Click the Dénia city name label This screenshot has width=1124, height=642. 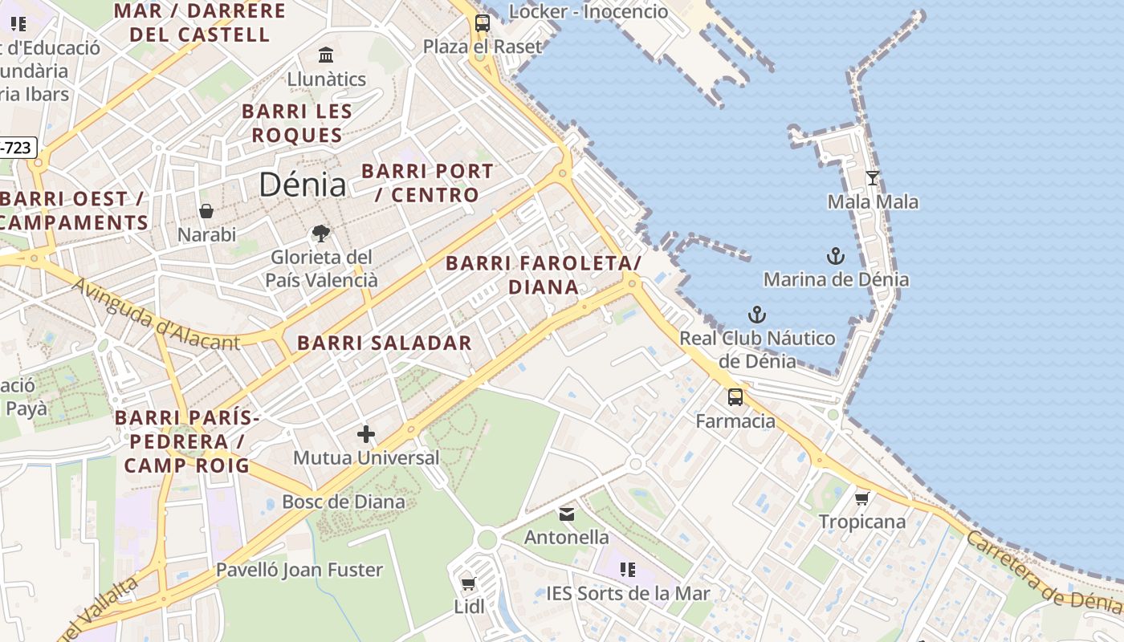303,185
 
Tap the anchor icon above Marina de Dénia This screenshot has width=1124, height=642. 836,257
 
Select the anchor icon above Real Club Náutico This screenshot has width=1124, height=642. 757,315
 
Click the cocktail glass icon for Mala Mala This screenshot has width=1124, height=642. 873,178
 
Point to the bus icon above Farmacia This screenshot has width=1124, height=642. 735,397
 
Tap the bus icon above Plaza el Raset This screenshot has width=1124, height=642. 482,23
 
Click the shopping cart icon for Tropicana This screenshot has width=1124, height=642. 862,498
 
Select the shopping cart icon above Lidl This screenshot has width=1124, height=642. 469,583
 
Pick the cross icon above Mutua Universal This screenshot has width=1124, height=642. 366,434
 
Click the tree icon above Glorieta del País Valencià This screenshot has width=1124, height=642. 321,234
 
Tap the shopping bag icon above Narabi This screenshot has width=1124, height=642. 206,211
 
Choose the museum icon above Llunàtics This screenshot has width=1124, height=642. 326,55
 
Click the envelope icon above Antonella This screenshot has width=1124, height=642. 567,514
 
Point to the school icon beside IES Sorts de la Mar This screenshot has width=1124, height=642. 628,570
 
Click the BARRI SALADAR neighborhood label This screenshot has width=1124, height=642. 385,343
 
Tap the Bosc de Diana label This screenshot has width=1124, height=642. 344,502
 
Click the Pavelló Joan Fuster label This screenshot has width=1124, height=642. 299,570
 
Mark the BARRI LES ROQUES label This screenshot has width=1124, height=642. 297,123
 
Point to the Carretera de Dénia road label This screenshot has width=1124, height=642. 1044,572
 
